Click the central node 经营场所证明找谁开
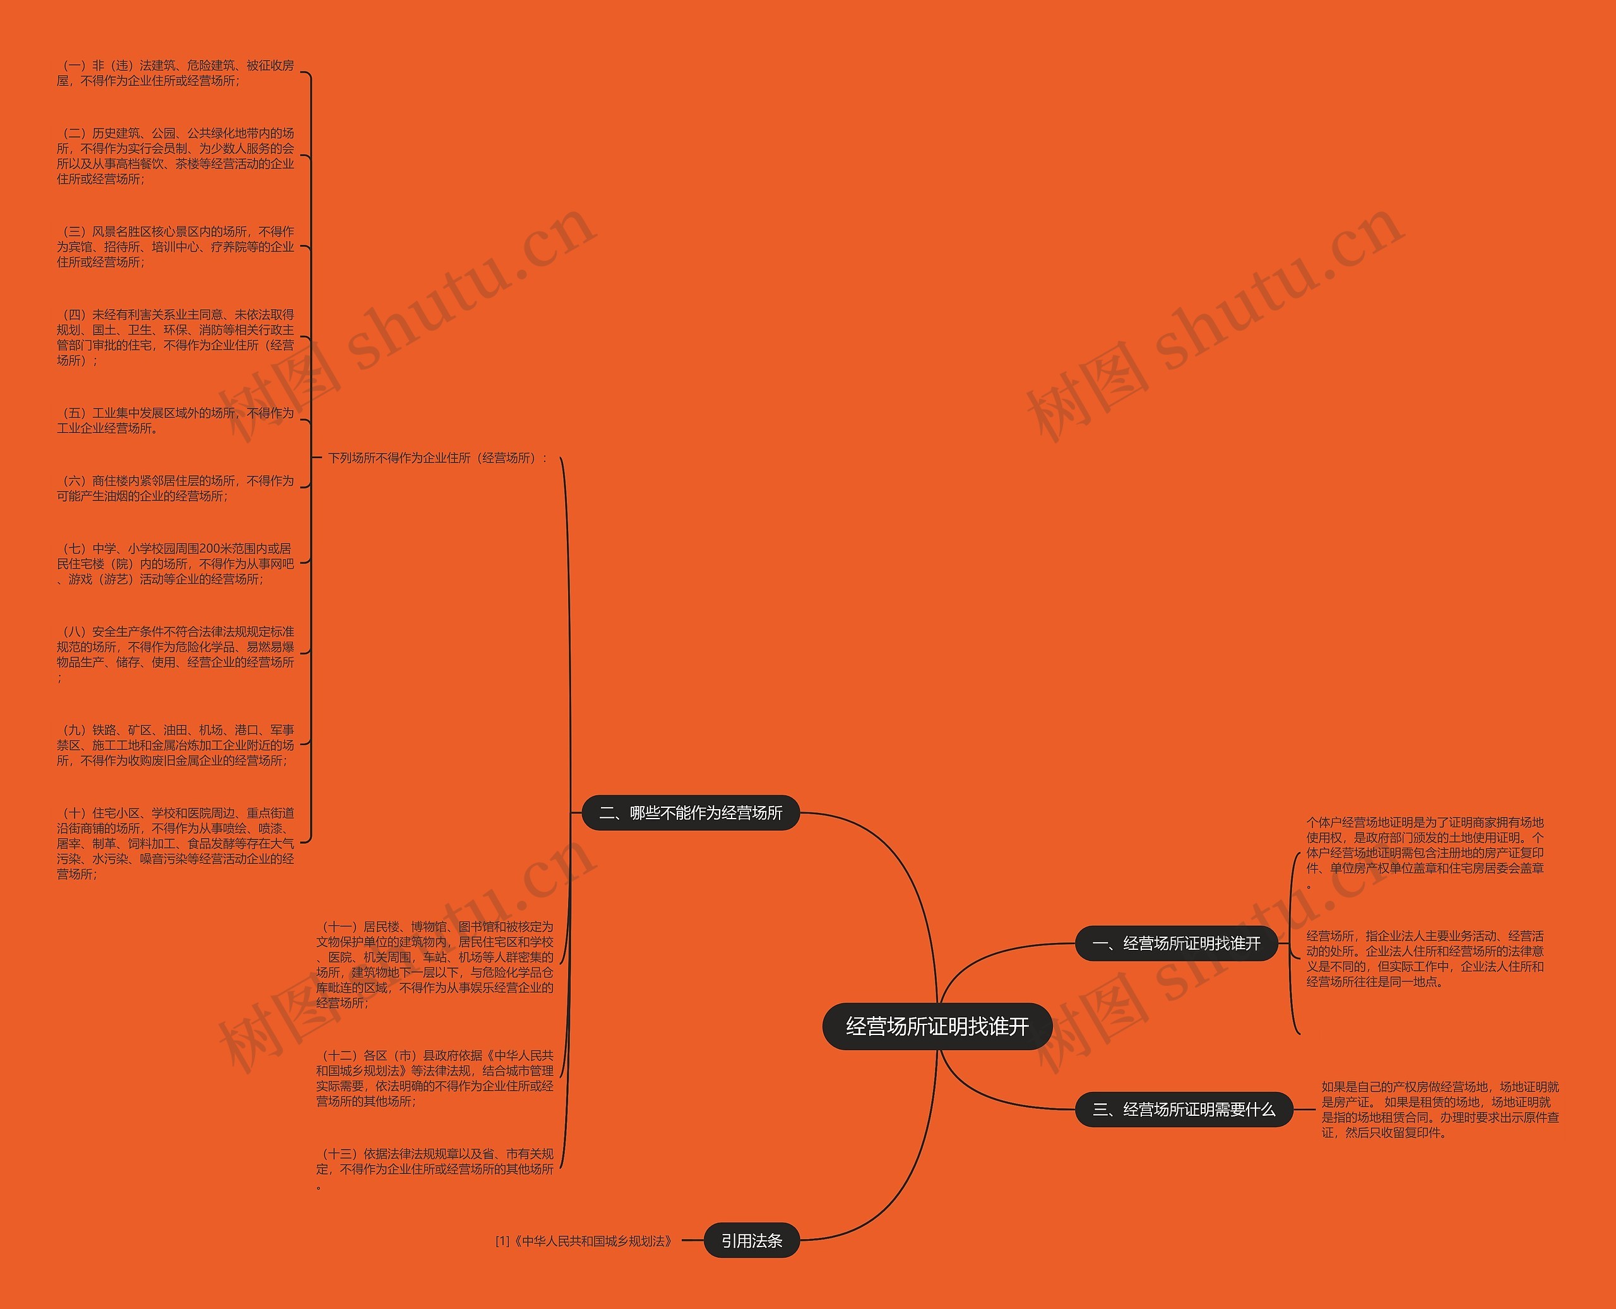(x=937, y=1026)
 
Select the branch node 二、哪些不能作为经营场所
(x=690, y=813)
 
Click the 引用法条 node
(x=751, y=1240)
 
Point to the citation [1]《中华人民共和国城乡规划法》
(x=584, y=1241)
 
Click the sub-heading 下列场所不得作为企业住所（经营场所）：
(x=437, y=458)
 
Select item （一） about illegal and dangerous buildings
(x=175, y=73)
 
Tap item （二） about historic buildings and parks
(x=175, y=156)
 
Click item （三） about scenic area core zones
(x=175, y=247)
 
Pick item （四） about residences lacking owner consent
(x=175, y=337)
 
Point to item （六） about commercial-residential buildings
(x=175, y=488)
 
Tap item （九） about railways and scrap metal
(x=175, y=745)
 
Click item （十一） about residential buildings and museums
(x=434, y=964)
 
